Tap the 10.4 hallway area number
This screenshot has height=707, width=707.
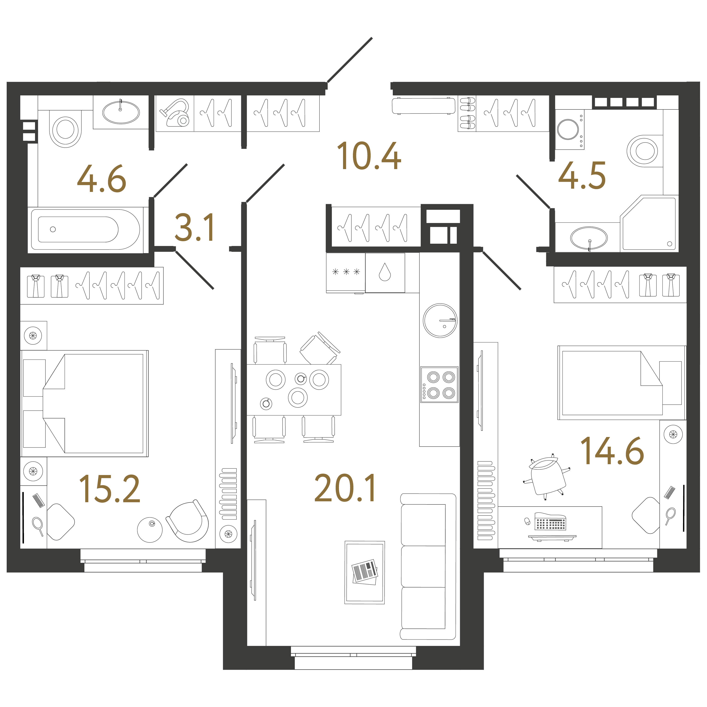point(369,156)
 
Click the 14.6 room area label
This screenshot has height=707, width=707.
point(612,451)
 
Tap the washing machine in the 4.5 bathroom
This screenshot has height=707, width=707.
point(569,129)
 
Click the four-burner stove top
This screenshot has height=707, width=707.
point(439,385)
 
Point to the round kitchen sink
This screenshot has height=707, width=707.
point(440,321)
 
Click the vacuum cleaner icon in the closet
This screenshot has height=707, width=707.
point(175,113)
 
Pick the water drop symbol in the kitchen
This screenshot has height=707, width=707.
point(385,272)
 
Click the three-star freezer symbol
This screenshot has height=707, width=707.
point(346,272)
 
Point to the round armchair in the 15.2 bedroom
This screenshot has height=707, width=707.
point(187,521)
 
